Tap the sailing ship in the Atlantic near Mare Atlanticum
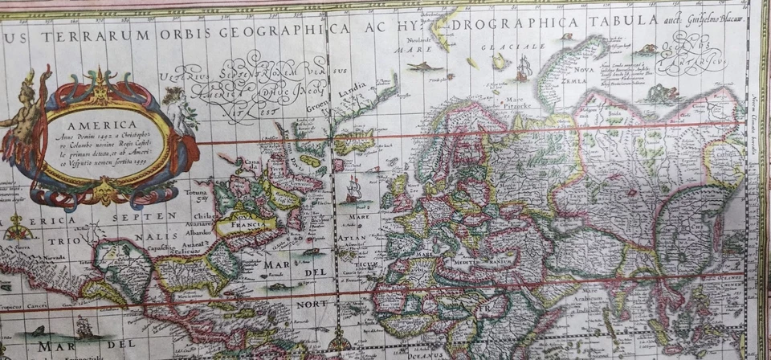[353, 190]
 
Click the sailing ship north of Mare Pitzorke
[523, 71]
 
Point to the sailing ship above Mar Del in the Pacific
[84, 325]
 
